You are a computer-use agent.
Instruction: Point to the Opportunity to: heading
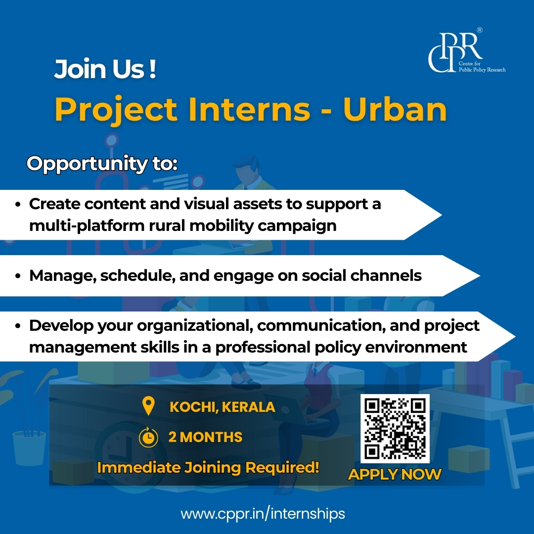pos(102,164)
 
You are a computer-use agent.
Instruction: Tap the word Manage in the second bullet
pos(62,275)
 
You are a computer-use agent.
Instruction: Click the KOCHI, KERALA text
pos(222,407)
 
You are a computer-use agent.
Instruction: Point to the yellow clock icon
pos(148,437)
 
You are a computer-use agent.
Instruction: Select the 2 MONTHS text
pos(205,437)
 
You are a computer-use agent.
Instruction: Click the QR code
pos(395,429)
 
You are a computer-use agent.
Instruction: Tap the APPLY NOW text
pos(395,475)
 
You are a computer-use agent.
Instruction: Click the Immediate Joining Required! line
pos(208,467)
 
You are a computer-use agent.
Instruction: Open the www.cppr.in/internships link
pos(263,514)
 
